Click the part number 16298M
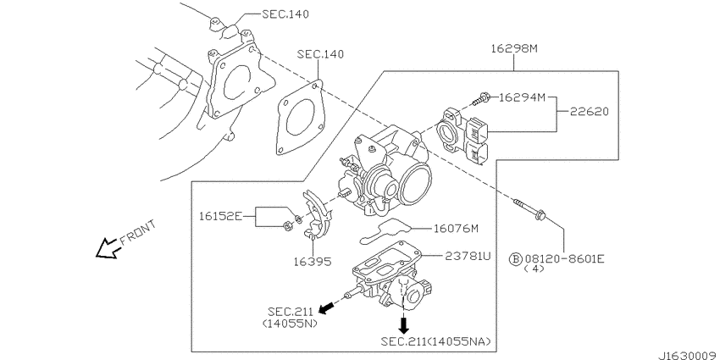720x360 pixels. coord(514,48)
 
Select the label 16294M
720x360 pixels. coord(522,97)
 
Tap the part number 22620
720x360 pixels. coord(590,112)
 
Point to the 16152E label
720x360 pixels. coord(220,216)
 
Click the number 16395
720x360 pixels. coord(313,262)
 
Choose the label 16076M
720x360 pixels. coord(456,228)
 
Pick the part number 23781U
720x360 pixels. coord(468,256)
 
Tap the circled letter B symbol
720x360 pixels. coord(516,260)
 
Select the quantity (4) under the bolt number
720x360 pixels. coord(534,269)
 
